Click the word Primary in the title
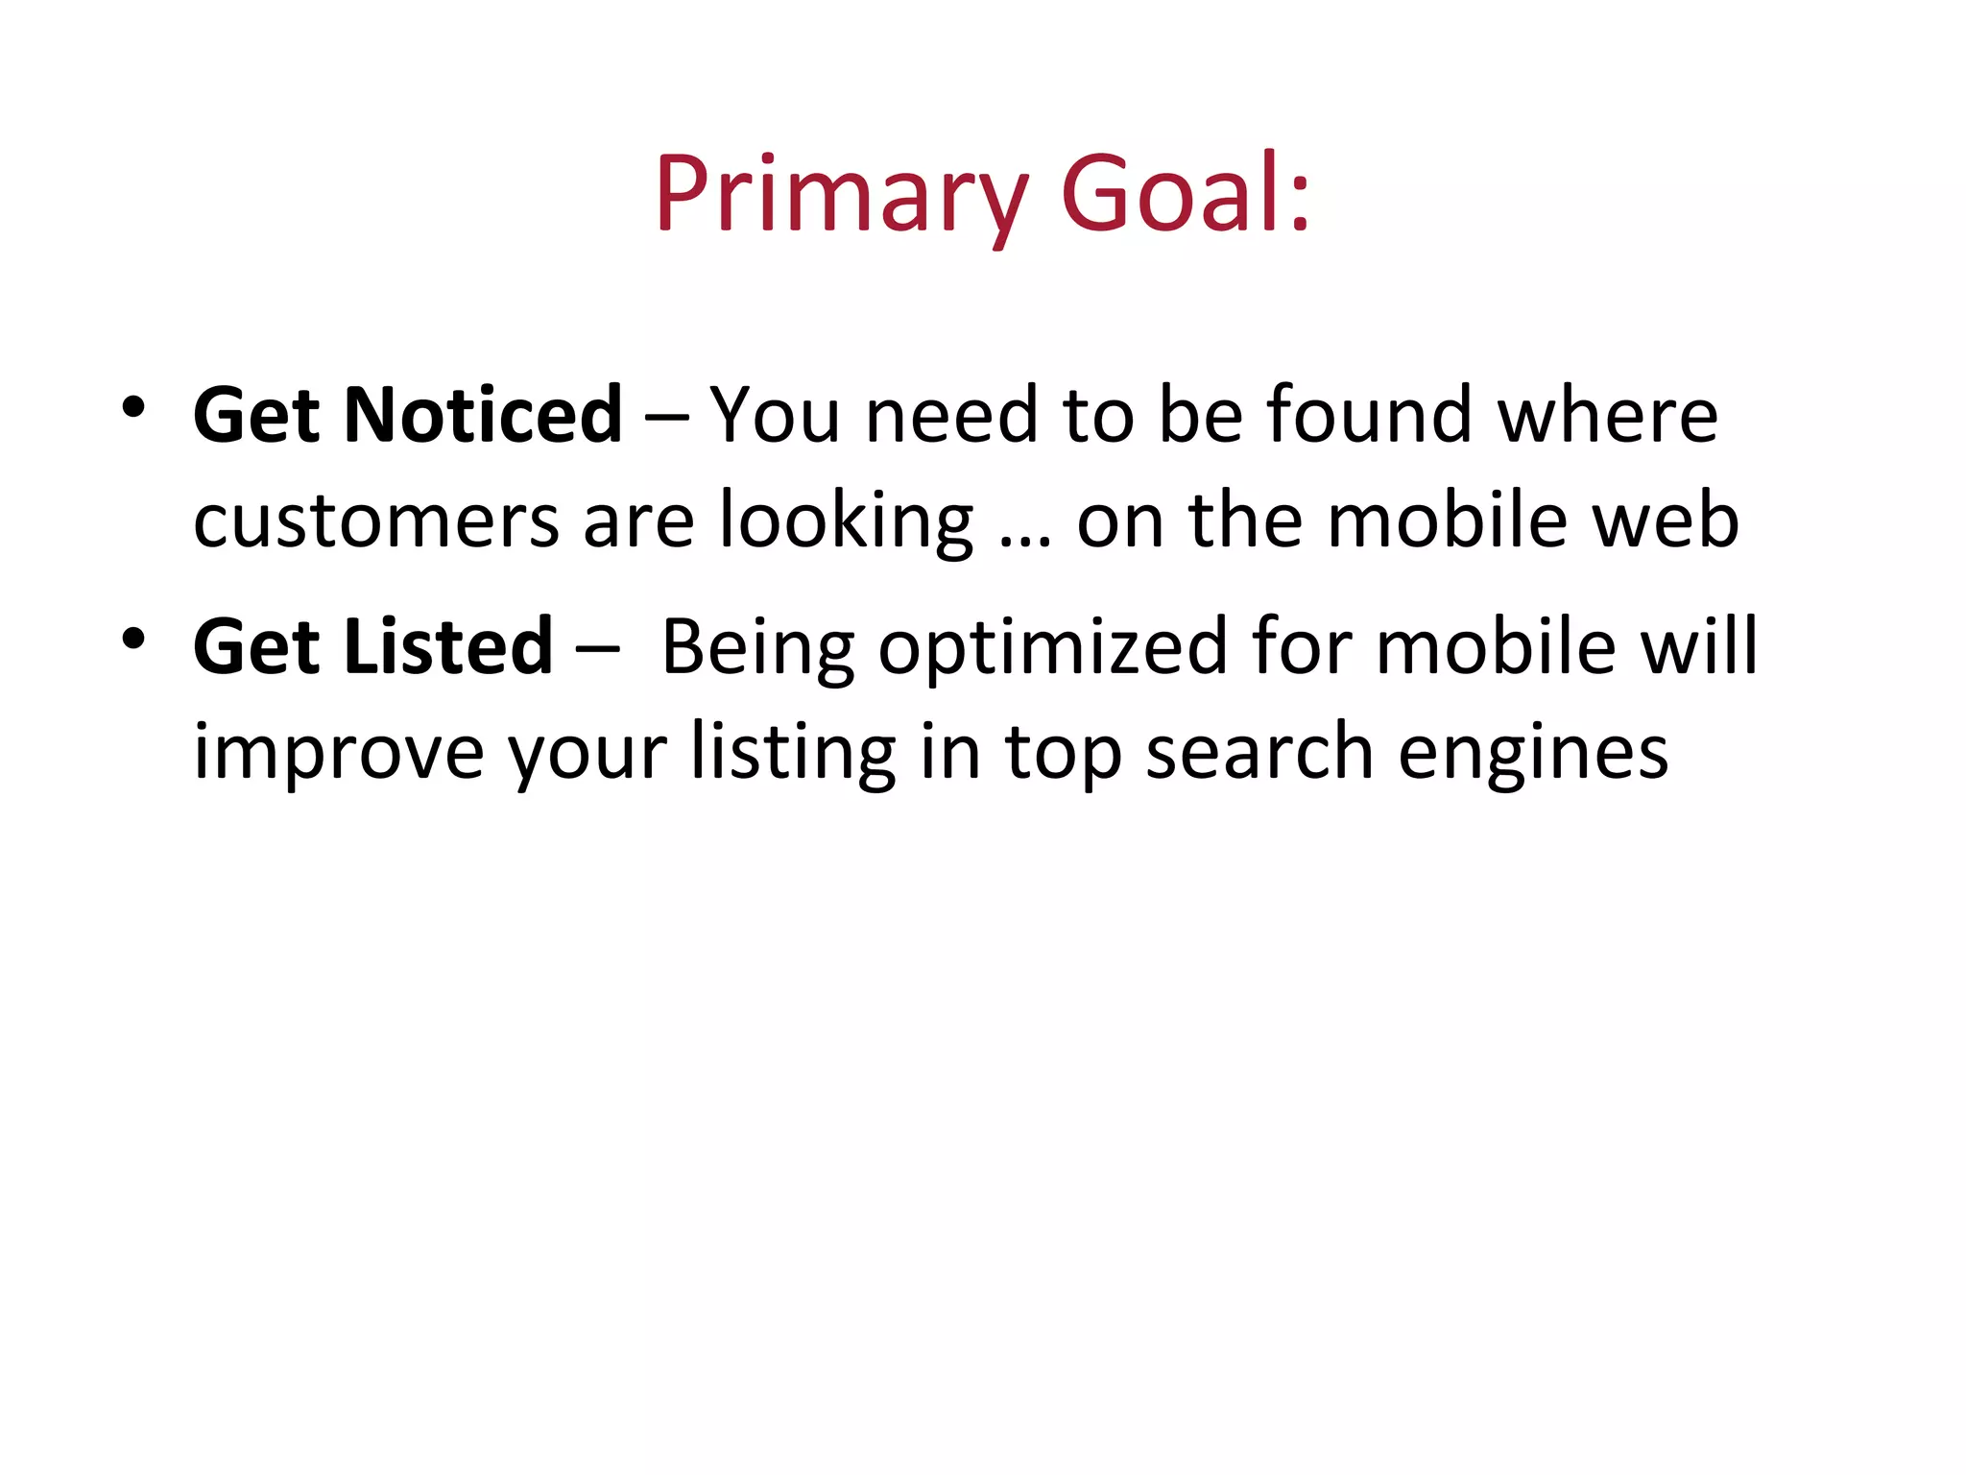point(843,197)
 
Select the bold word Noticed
point(483,415)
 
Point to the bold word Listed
point(448,646)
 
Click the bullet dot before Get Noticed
point(133,408)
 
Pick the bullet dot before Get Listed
point(133,639)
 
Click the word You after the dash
point(775,415)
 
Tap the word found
point(1369,415)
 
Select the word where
point(1608,415)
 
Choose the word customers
point(376,521)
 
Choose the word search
point(1259,752)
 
